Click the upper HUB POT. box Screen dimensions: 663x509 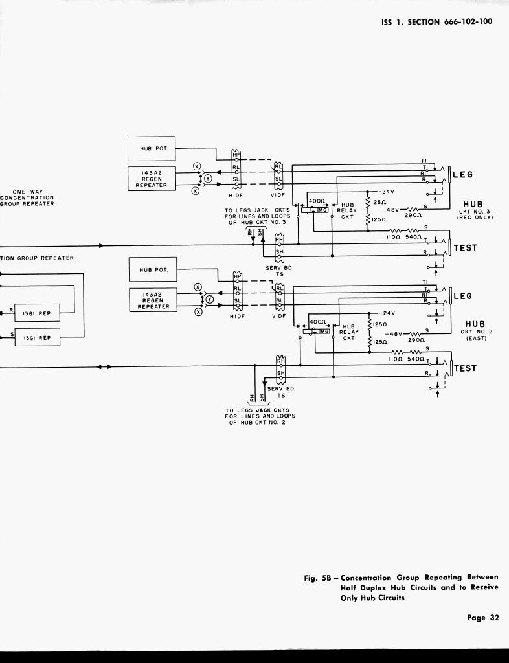[151, 148]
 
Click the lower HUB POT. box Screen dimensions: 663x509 [151, 269]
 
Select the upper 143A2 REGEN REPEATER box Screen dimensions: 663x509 [151, 179]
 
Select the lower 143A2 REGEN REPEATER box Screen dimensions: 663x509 [151, 300]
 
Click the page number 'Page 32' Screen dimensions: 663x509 [483, 618]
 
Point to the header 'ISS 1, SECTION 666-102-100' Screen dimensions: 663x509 [436, 21]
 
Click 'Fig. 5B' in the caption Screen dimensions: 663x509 [319, 578]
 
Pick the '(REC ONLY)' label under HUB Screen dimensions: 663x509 [475, 218]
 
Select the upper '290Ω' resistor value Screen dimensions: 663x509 [413, 215]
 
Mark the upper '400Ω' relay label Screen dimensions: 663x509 [317, 201]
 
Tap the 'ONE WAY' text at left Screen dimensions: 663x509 [27, 192]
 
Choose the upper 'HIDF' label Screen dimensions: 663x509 [236, 195]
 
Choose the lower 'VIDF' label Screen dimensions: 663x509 [279, 317]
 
